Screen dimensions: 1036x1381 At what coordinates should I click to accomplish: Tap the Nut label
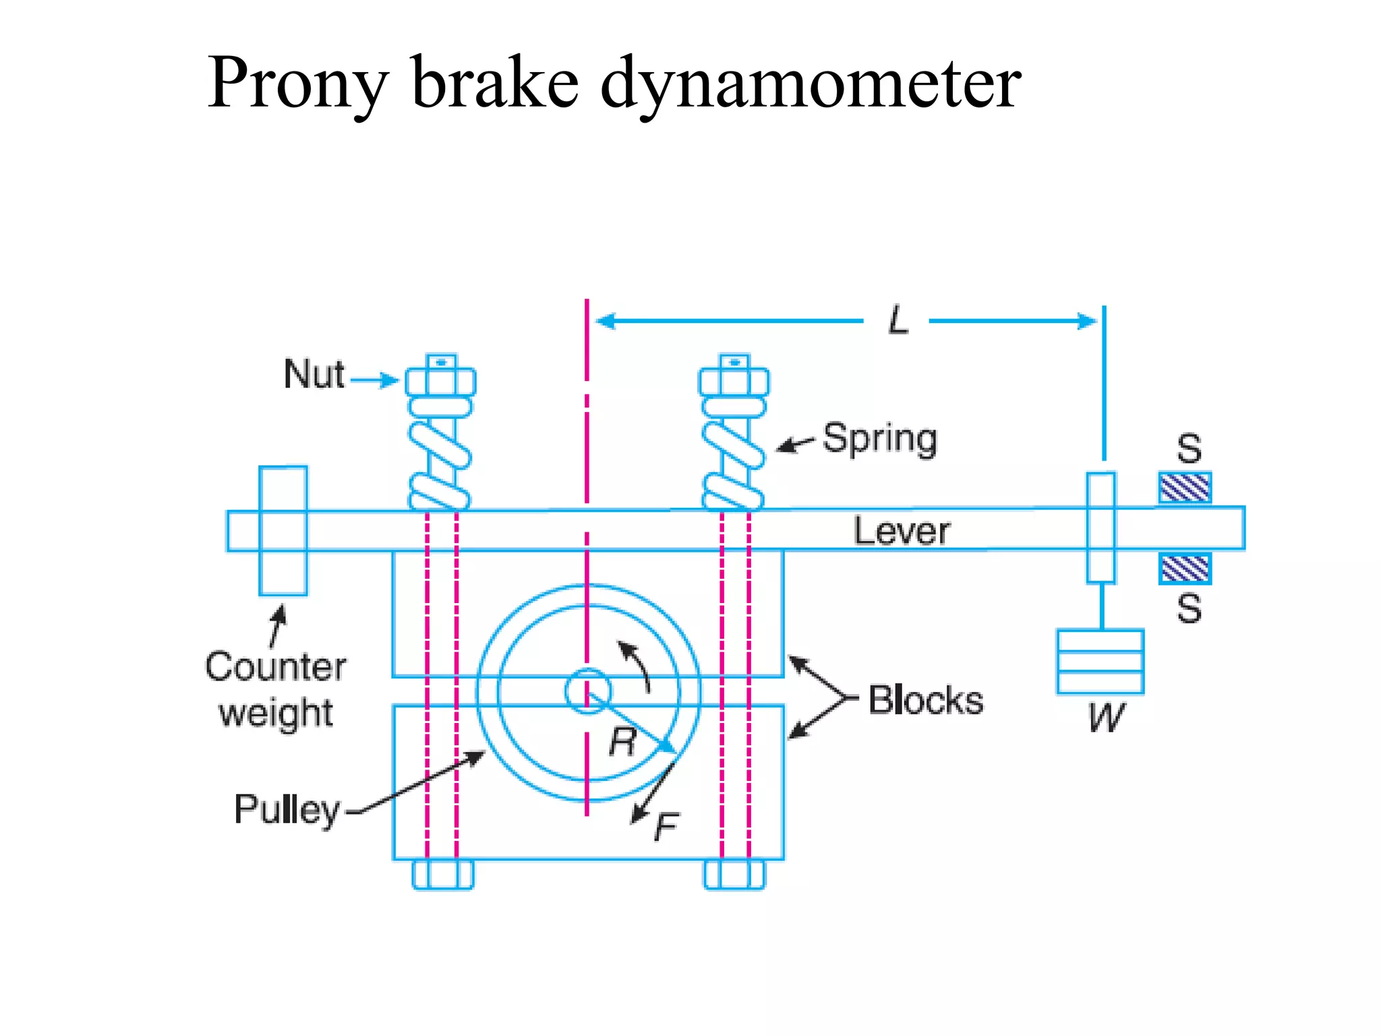click(x=314, y=374)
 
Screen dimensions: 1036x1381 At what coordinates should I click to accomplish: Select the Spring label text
click(x=879, y=439)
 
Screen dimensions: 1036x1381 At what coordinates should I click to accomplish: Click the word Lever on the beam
click(x=902, y=531)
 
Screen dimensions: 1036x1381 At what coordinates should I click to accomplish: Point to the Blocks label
click(x=925, y=700)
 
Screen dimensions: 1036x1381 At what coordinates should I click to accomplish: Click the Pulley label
click(x=287, y=809)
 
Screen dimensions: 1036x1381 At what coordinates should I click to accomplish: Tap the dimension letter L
click(x=898, y=321)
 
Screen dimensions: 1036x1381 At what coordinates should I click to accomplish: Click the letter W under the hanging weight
click(x=1106, y=718)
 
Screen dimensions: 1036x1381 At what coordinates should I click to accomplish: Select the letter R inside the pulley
click(x=622, y=743)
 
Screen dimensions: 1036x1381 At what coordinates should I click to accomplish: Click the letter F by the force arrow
click(x=666, y=827)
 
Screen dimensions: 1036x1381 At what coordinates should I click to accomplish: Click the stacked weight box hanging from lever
click(x=1100, y=662)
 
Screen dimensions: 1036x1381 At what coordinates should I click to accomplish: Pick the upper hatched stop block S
click(x=1185, y=488)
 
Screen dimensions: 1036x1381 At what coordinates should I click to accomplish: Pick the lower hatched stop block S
click(x=1185, y=569)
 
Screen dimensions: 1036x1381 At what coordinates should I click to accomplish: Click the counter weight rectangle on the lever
click(x=283, y=531)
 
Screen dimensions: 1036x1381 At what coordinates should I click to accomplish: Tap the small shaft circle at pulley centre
click(x=587, y=691)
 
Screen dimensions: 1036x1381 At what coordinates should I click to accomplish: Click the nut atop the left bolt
click(x=440, y=381)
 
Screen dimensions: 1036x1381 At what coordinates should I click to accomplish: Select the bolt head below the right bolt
click(x=734, y=875)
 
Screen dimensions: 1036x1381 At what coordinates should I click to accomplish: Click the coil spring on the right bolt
click(x=733, y=465)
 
